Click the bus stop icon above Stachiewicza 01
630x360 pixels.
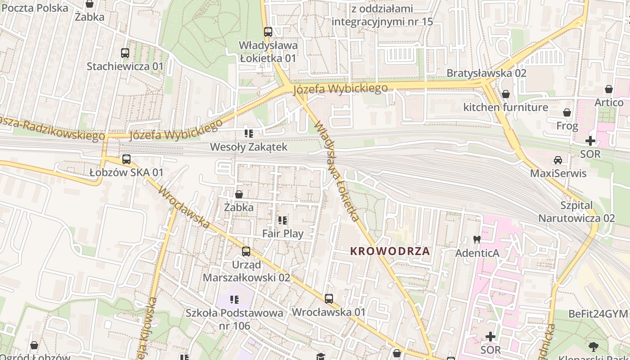click(125, 53)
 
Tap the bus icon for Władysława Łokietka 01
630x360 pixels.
click(268, 32)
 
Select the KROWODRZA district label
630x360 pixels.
click(390, 252)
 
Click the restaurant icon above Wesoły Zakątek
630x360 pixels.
click(248, 134)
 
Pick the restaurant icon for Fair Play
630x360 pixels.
click(283, 220)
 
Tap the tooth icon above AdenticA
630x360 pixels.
click(477, 240)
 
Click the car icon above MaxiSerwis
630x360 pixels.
click(558, 160)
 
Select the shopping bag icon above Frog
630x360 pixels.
click(567, 112)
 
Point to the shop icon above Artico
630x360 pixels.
click(609, 90)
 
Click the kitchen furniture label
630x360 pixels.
click(506, 107)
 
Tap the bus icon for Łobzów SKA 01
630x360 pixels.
click(126, 159)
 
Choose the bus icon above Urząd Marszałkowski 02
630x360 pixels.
click(246, 252)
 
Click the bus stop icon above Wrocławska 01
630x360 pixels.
click(329, 299)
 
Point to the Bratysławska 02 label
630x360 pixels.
click(486, 73)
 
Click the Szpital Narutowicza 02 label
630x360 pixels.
click(576, 212)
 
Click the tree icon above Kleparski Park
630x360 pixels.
click(594, 346)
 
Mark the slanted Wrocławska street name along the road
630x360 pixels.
click(184, 207)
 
